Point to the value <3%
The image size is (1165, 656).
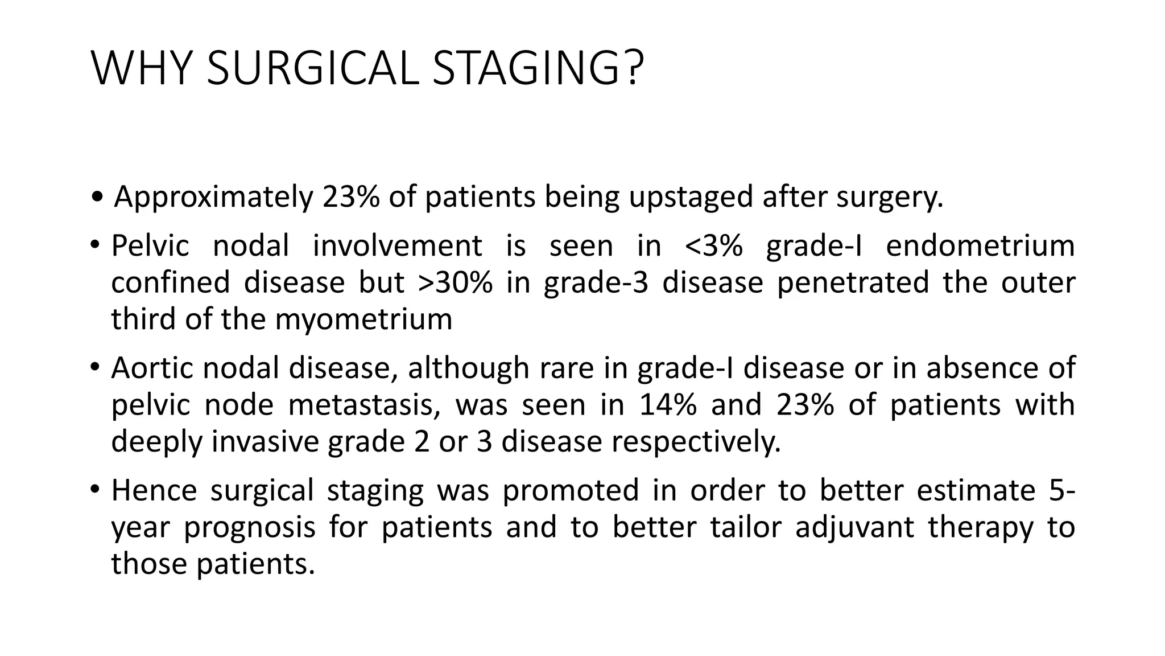coord(714,247)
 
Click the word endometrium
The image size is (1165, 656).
coord(980,247)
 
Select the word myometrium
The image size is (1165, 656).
coord(364,319)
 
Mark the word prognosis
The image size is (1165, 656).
coord(249,527)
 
